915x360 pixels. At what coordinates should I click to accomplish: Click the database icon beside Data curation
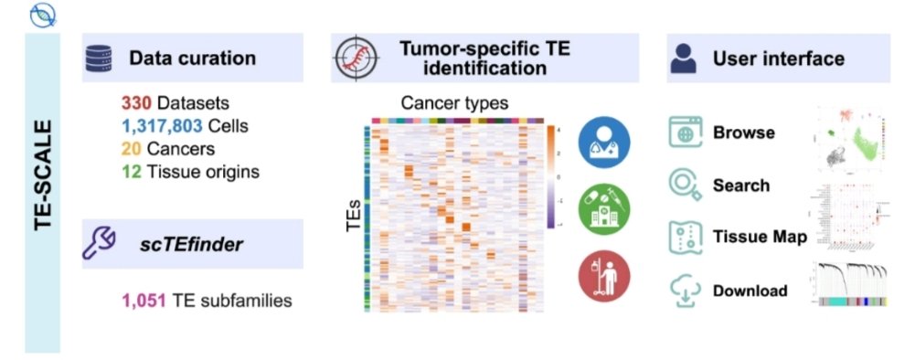(97, 58)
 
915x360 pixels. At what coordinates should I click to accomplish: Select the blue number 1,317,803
(158, 125)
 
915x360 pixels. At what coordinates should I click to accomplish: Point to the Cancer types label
(454, 102)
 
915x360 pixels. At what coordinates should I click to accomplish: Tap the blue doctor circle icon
(603, 143)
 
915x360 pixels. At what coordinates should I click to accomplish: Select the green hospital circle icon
(603, 209)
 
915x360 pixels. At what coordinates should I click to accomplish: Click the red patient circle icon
(603, 277)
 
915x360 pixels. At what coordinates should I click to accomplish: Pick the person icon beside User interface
(682, 58)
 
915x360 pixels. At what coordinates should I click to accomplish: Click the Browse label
(744, 132)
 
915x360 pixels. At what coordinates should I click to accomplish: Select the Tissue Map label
(760, 238)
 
